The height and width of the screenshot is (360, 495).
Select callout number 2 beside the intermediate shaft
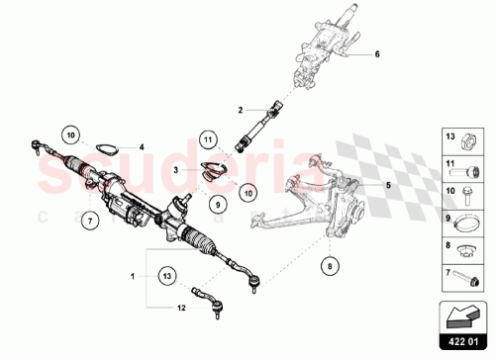(x=239, y=110)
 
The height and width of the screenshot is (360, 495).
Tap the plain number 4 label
(x=142, y=146)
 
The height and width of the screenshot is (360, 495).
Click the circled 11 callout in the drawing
(x=209, y=139)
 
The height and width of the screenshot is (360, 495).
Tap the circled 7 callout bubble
(x=88, y=219)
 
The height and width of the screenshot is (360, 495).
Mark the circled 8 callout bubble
(x=330, y=264)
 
